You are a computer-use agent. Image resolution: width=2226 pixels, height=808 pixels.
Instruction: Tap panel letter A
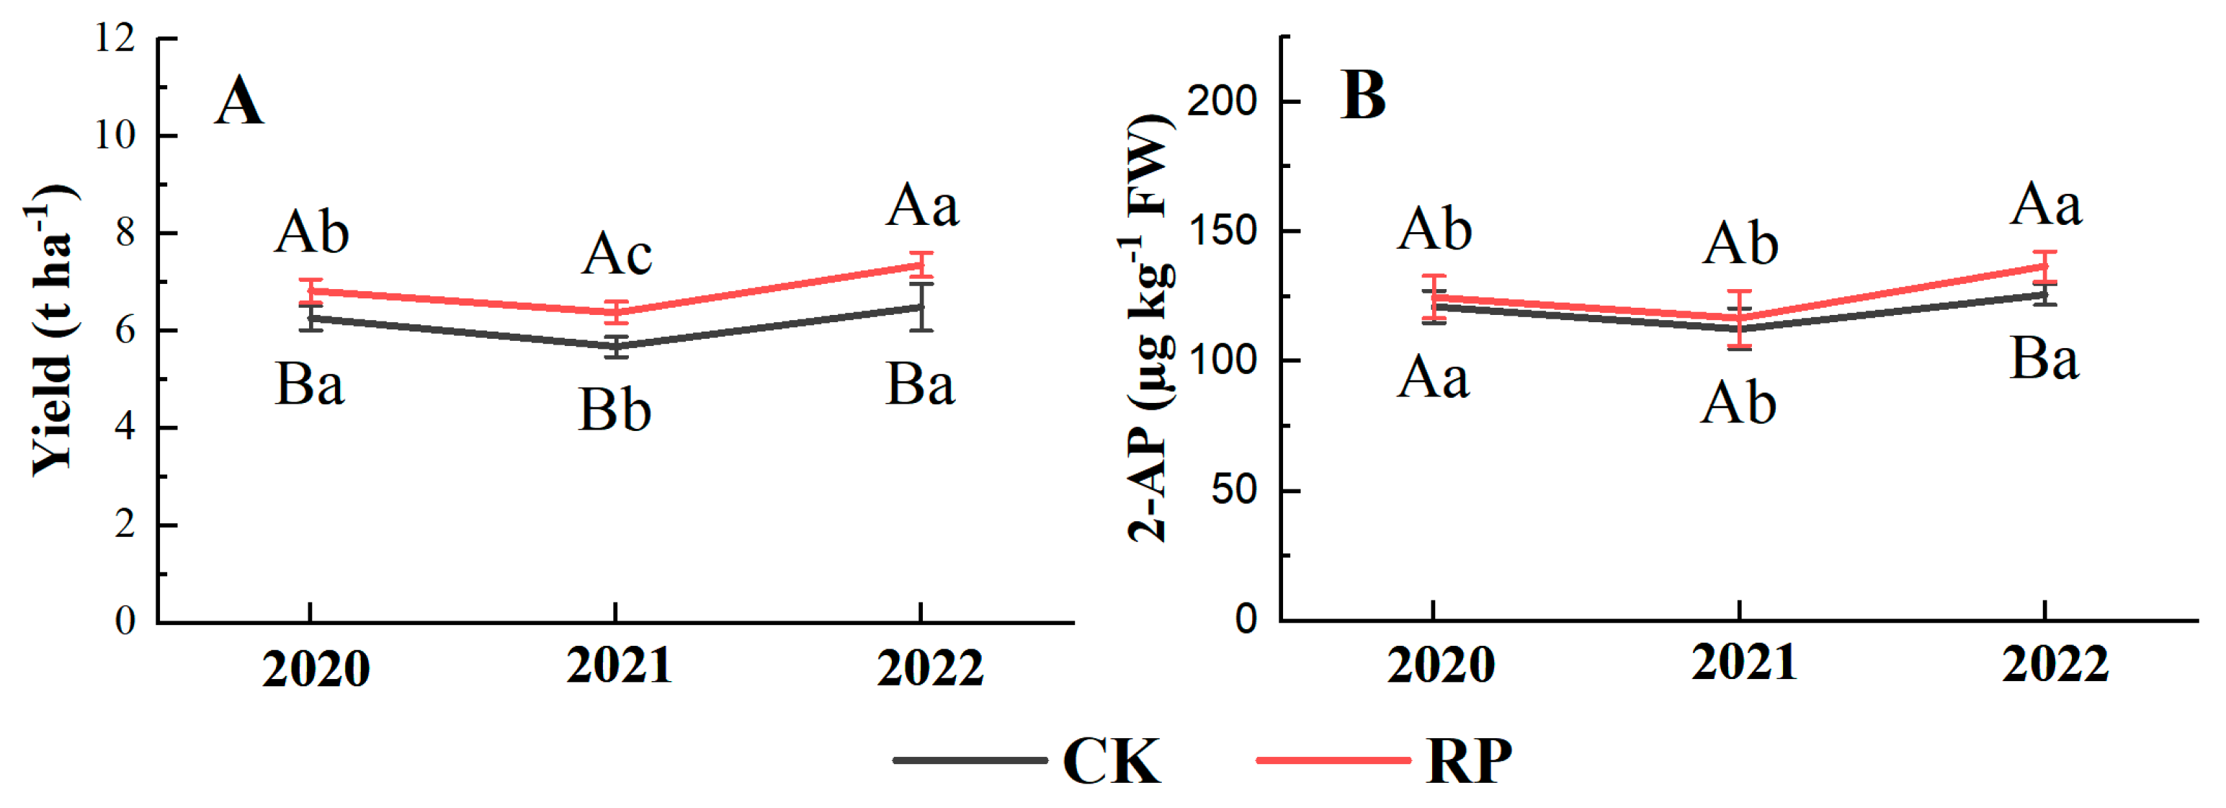(238, 102)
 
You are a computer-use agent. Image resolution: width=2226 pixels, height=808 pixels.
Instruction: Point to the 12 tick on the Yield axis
(116, 38)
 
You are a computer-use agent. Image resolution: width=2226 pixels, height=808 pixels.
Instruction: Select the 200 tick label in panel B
(1221, 101)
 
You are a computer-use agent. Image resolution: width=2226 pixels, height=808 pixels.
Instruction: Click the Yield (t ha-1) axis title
(52, 329)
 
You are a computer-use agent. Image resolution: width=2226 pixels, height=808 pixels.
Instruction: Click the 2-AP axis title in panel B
(1149, 329)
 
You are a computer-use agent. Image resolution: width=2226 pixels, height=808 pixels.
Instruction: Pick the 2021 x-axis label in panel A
(619, 666)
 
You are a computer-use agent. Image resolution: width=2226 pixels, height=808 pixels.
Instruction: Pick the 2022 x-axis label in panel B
(2055, 666)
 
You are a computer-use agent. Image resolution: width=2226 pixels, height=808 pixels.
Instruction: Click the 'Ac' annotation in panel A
(616, 255)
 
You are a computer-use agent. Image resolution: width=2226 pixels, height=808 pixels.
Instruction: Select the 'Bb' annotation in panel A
(614, 409)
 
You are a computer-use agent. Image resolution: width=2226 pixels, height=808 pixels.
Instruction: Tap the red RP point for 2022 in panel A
(921, 265)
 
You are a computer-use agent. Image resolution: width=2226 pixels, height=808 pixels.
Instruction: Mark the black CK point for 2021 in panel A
(615, 347)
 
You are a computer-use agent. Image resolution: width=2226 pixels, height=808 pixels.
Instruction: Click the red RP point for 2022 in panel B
(2044, 266)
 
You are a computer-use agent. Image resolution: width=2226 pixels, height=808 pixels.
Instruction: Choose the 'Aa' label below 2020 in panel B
(1433, 378)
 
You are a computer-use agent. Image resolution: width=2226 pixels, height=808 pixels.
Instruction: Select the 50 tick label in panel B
(1233, 490)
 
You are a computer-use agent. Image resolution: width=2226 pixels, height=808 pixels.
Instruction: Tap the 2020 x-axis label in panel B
(1441, 666)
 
